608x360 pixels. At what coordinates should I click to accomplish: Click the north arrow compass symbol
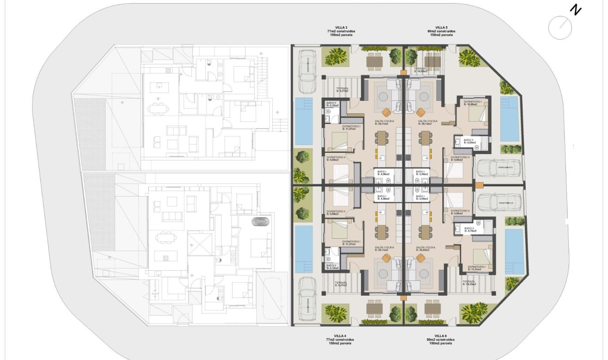[560, 26]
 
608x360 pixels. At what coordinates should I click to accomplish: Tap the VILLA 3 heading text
[342, 28]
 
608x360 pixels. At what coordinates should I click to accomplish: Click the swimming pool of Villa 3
[304, 121]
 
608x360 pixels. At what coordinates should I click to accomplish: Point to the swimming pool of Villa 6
[514, 251]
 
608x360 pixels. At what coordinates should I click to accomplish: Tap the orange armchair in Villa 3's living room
[387, 112]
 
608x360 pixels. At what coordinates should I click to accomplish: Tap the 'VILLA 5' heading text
[442, 28]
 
